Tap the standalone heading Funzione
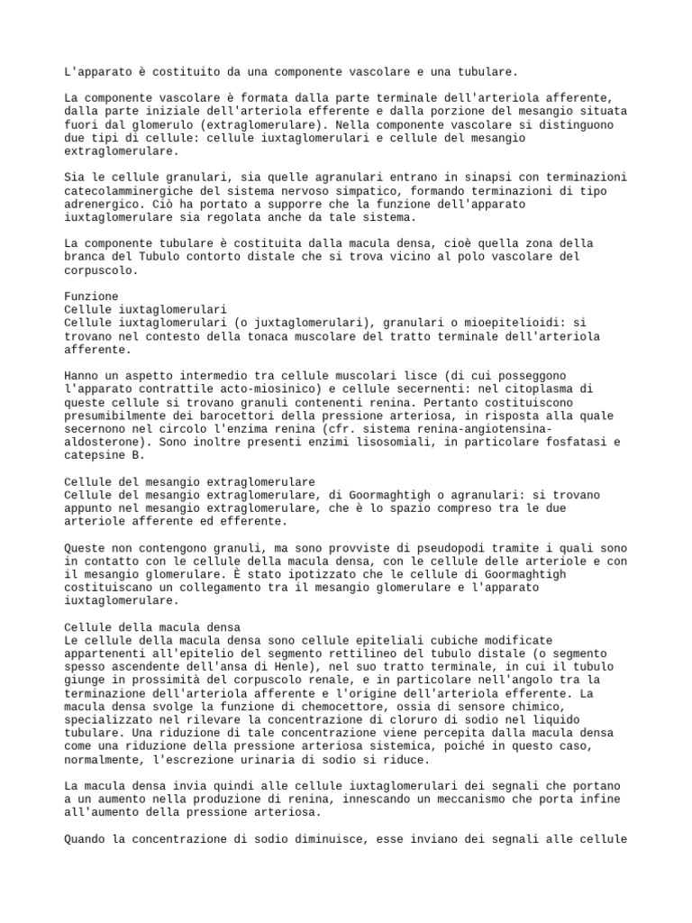click(91, 296)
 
